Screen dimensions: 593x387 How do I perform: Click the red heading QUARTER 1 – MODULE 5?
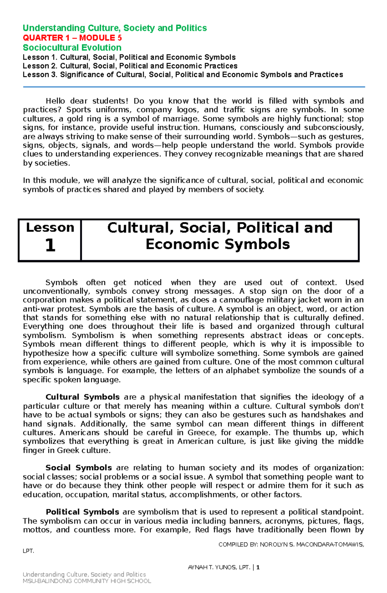(x=72, y=38)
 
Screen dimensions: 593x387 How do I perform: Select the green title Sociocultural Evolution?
(x=72, y=48)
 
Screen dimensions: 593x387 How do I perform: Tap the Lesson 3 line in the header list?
(x=183, y=75)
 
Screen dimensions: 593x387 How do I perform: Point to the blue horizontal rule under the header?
(x=193, y=87)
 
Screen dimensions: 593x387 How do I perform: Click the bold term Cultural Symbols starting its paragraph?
(x=83, y=397)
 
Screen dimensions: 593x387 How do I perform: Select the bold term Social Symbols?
(x=79, y=468)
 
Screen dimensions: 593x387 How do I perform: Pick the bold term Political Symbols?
(x=83, y=512)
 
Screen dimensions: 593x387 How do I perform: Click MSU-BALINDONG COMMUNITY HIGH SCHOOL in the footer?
(x=87, y=581)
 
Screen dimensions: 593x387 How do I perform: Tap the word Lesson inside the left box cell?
(x=50, y=228)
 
